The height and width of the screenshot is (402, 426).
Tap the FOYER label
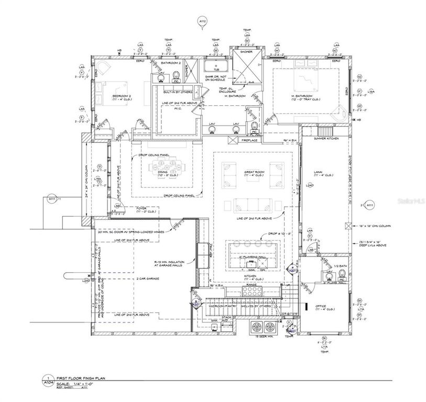click(x=141, y=208)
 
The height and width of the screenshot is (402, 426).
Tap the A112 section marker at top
click(x=203, y=21)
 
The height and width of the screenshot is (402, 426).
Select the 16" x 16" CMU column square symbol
click(x=347, y=226)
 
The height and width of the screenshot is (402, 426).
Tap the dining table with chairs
click(x=168, y=168)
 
